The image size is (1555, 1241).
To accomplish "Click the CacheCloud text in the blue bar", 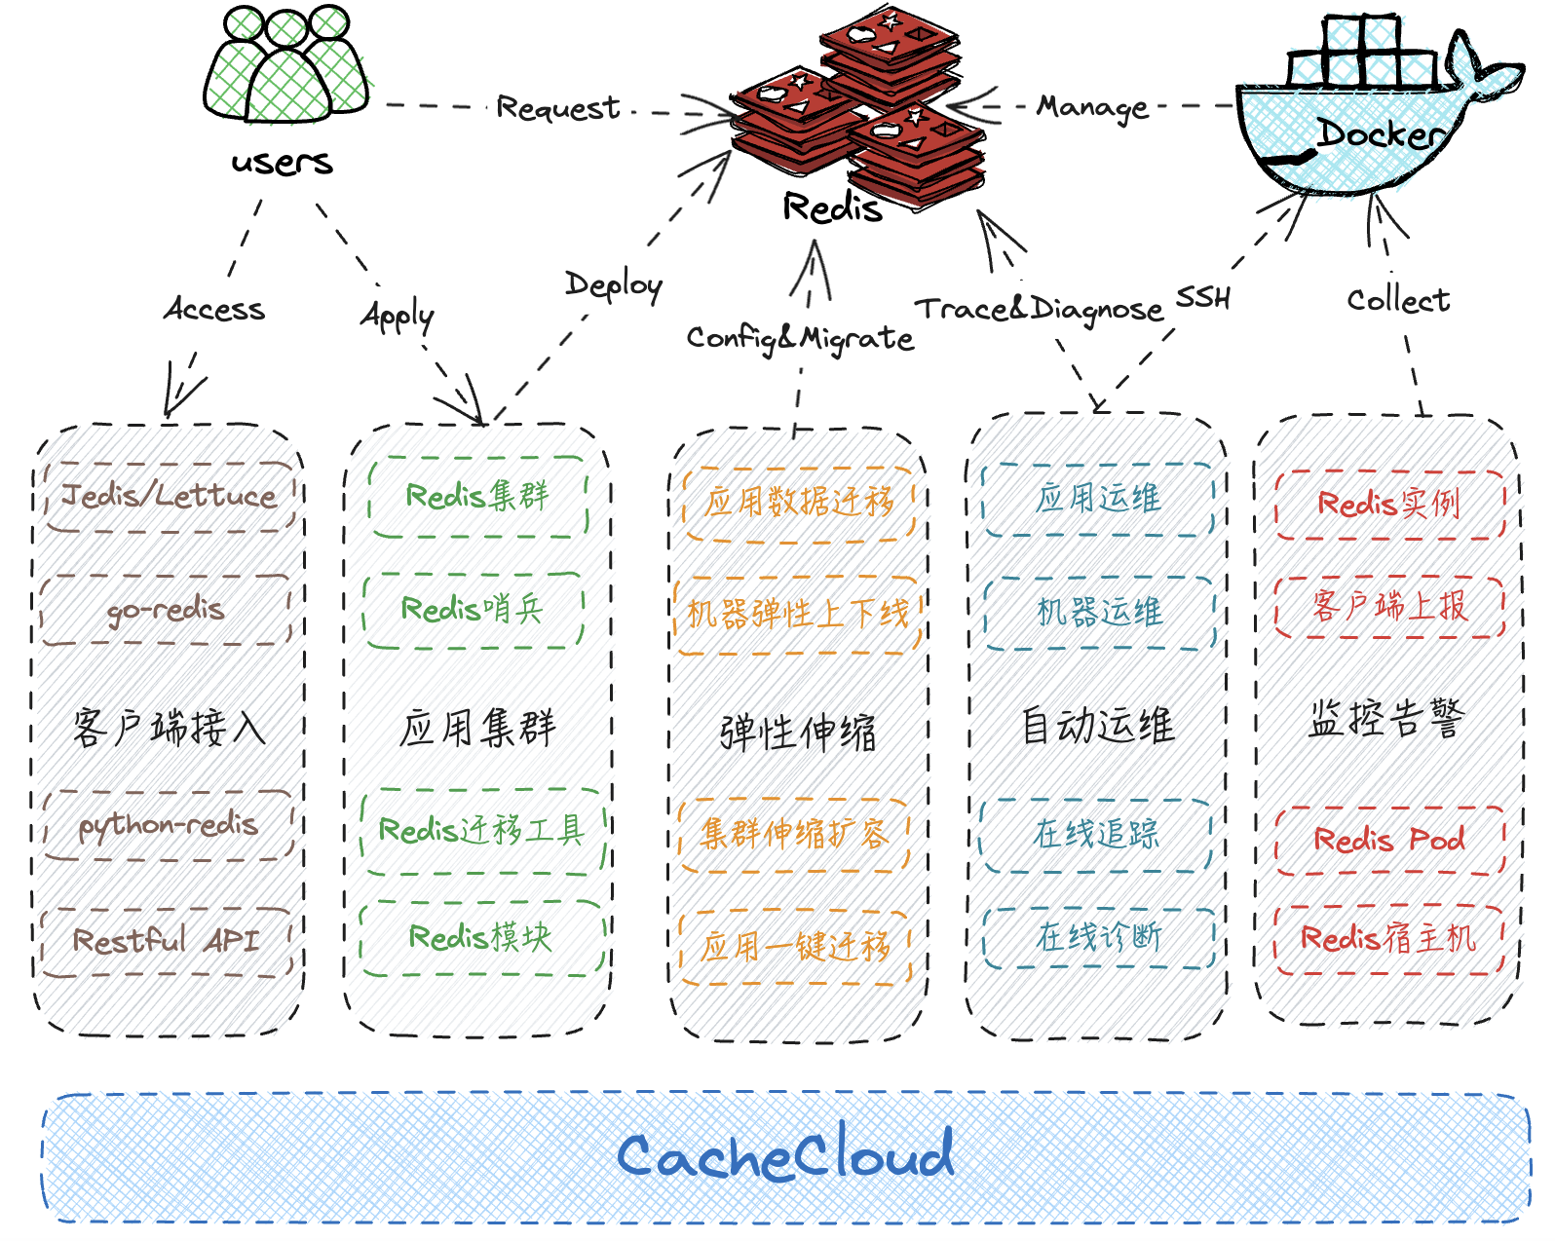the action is [784, 1154].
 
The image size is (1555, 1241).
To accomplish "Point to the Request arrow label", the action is [558, 108].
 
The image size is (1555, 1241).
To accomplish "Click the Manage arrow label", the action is [1092, 107].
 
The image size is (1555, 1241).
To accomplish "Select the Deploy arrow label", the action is [614, 285].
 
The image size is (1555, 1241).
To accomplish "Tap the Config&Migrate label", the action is [800, 338].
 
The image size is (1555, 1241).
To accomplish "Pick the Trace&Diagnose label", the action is [1039, 309].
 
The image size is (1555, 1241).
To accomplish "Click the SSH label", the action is [1203, 297].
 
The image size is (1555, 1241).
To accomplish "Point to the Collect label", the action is [1398, 300].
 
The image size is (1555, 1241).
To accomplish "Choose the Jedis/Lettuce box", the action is [170, 497].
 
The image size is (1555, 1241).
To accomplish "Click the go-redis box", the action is [166, 610].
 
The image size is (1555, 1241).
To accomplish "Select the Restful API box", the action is [167, 942].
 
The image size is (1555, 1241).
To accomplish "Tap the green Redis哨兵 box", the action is [474, 610].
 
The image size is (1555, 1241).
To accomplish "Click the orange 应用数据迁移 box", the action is [799, 505].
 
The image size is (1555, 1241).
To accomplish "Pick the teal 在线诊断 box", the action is [1098, 938].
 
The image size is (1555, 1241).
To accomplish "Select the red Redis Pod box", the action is [1389, 841].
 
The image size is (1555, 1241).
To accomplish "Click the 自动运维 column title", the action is [1098, 726].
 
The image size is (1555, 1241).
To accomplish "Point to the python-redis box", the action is [169, 825].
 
